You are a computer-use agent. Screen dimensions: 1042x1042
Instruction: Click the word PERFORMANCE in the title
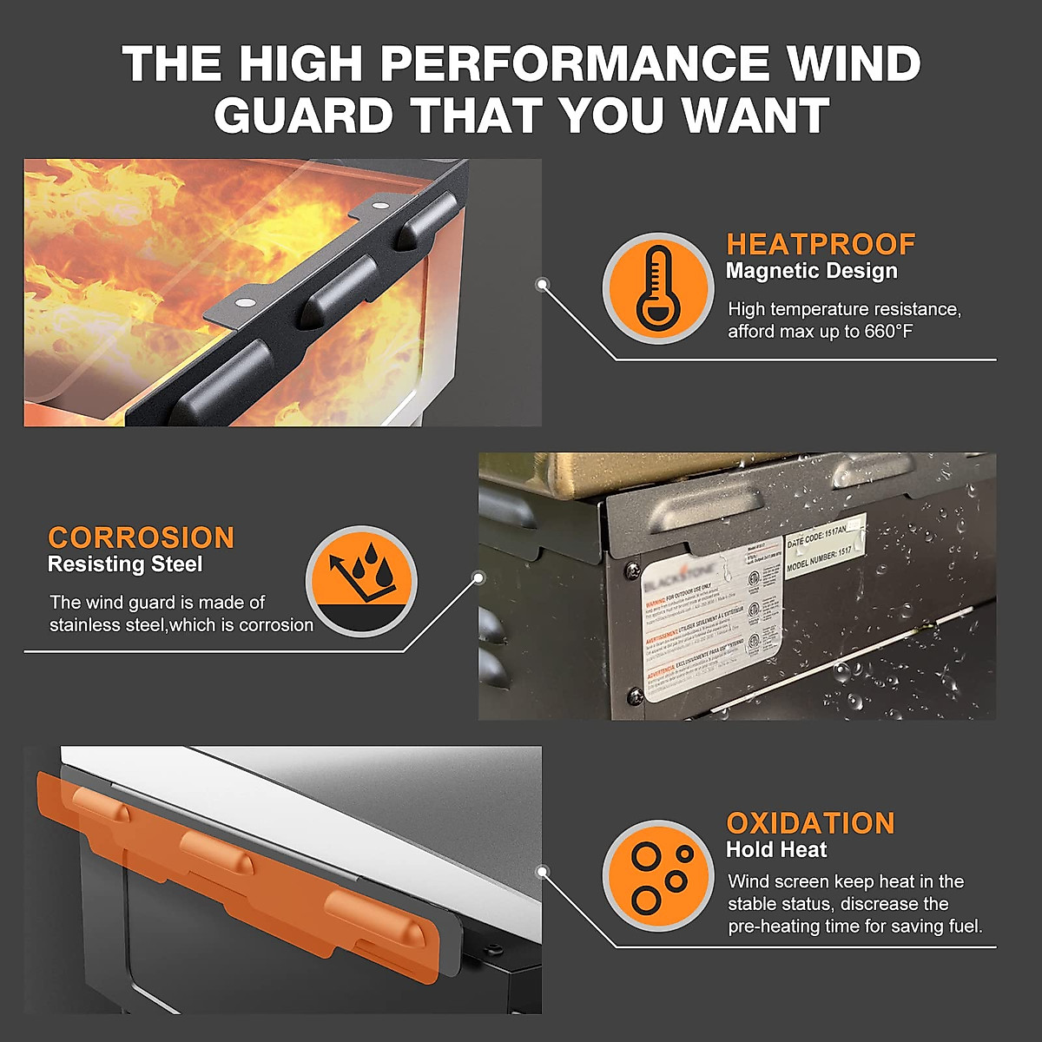[x=574, y=63]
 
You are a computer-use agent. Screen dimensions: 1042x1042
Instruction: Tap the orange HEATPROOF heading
[x=821, y=244]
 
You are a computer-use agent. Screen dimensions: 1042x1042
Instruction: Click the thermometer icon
[x=658, y=288]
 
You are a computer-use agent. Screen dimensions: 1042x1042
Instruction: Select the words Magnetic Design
[x=811, y=271]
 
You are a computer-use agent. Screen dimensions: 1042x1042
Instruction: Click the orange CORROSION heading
[x=141, y=537]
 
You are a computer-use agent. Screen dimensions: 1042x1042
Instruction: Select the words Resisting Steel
[x=125, y=564]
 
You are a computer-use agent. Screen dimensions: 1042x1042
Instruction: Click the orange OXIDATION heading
[x=810, y=823]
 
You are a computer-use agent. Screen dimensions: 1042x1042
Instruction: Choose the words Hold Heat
[x=776, y=850]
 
